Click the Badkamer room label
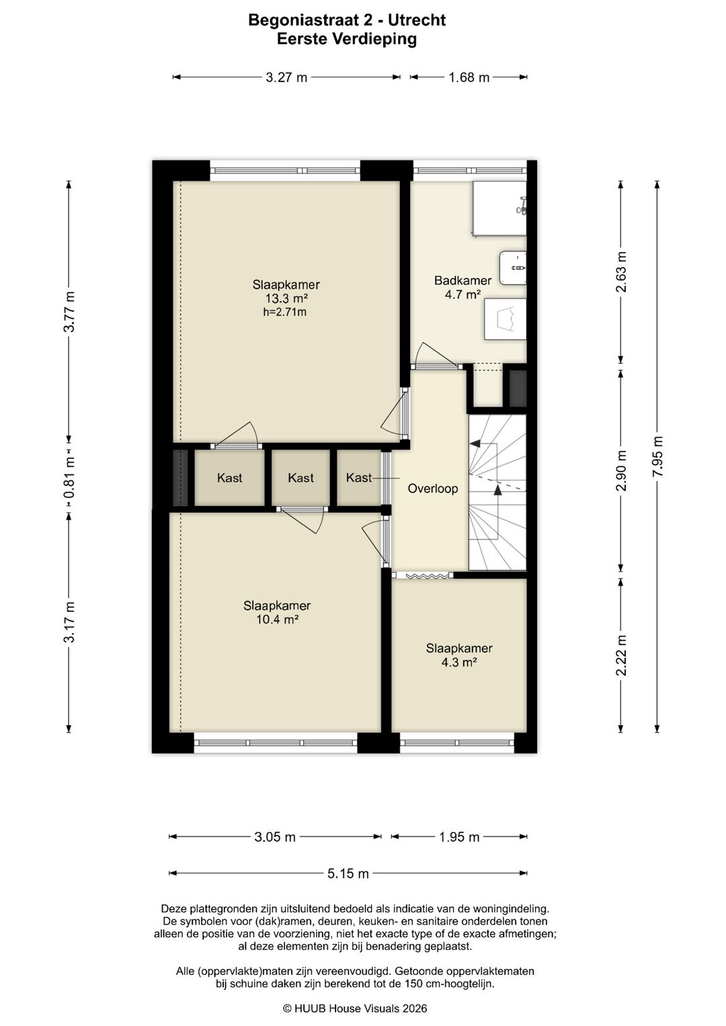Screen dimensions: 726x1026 (462, 280)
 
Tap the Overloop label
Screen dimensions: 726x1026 (433, 488)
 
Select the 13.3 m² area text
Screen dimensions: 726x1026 (286, 298)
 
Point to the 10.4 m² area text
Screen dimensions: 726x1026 (277, 619)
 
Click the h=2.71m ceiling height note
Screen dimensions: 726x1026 (284, 312)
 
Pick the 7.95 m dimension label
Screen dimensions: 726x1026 (658, 456)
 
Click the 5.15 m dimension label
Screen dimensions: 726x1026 (348, 873)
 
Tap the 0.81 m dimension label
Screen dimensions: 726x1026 (69, 478)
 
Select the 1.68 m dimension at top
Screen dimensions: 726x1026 (469, 77)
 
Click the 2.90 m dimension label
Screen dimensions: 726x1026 (621, 470)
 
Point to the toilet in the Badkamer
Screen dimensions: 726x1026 (505, 319)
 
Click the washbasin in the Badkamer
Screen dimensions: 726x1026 (513, 267)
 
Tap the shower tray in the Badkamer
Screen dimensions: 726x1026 (499, 209)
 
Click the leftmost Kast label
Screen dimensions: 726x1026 (230, 478)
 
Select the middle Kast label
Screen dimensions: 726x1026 (300, 478)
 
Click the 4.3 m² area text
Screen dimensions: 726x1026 (459, 662)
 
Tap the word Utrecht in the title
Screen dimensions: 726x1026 (417, 20)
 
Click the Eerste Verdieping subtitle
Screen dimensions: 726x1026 (347, 39)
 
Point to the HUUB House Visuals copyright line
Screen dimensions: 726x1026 (355, 1008)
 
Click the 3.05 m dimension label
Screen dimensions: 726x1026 (275, 837)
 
